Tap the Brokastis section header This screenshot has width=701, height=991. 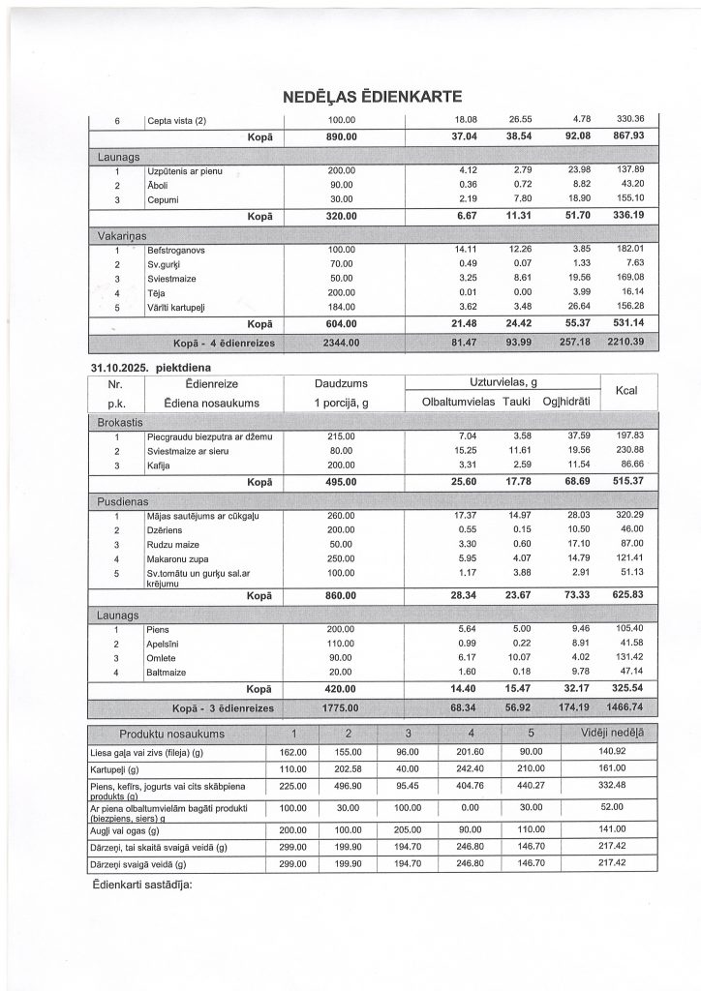click(x=120, y=423)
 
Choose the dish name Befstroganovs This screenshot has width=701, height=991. click(x=178, y=250)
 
